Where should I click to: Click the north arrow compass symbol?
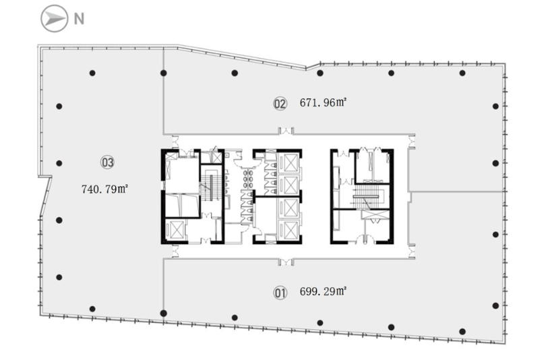tap(54, 19)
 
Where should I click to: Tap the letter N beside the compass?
tap(79, 19)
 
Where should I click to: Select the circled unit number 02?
tap(280, 104)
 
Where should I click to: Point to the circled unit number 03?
tap(107, 162)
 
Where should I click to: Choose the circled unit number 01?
tap(280, 293)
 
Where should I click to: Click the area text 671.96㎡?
tap(323, 102)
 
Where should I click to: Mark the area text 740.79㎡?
tap(104, 189)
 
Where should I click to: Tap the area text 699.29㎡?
tap(323, 292)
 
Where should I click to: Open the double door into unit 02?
tap(286, 131)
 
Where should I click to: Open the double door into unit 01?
tap(286, 262)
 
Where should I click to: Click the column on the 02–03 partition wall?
tap(164, 73)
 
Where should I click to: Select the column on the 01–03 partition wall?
tap(164, 313)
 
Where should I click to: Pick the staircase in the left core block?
tap(210, 187)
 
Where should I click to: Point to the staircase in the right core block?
tap(367, 197)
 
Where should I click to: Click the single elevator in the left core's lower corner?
tap(175, 230)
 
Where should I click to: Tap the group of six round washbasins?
tap(249, 179)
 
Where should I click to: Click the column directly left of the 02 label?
tap(235, 73)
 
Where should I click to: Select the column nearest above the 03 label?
tap(92, 73)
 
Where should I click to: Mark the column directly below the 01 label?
tap(320, 323)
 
